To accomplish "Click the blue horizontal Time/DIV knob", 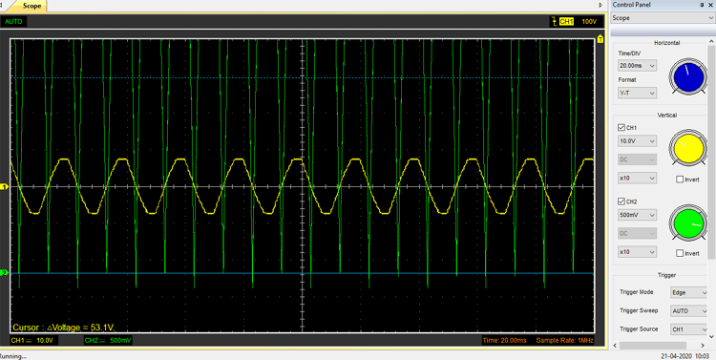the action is tap(684, 78).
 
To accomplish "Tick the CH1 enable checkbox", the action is tap(622, 127).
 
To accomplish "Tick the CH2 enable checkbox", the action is tap(622, 201).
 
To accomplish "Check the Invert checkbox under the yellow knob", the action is tap(679, 179).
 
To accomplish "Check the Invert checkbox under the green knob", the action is tap(679, 253).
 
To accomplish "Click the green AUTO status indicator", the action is tap(14, 21).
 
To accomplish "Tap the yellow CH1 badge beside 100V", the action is tap(566, 21).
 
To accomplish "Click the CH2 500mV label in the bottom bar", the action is tap(108, 340).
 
